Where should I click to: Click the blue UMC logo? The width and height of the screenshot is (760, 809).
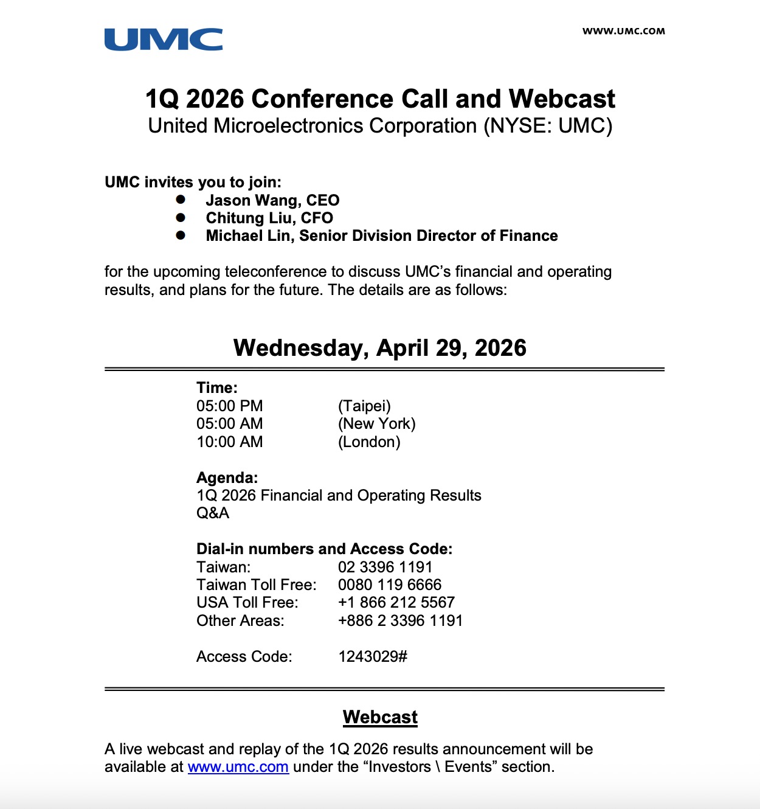point(163,40)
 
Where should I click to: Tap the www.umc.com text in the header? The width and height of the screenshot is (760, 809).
point(623,31)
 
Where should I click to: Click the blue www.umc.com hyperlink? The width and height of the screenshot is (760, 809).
point(238,767)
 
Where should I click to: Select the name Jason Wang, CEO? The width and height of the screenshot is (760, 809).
point(272,200)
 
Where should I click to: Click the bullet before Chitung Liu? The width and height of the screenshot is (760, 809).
point(181,217)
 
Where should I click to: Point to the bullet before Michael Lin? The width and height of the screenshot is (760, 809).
point(181,235)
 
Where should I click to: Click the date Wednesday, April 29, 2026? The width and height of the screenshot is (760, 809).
point(380,348)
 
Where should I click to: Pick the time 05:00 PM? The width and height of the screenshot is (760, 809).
point(229,406)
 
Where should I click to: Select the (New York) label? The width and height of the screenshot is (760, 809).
point(376,423)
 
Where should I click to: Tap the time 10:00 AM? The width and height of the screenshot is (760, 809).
point(229,442)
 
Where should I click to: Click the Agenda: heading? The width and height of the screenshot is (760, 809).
point(227,477)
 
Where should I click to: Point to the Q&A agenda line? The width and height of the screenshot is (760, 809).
point(213,513)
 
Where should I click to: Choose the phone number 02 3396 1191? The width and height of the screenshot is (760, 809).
point(385,567)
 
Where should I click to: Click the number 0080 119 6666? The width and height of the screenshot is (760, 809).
point(390,585)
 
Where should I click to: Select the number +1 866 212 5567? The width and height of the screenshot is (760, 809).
point(396,602)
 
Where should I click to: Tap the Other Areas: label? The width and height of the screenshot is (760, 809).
point(240,620)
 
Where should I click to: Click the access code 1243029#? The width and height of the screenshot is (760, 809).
point(373,656)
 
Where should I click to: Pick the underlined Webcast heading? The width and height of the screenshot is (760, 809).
point(380,717)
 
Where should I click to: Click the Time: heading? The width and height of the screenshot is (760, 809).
point(216,387)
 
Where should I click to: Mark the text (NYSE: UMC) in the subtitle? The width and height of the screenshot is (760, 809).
point(548,126)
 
